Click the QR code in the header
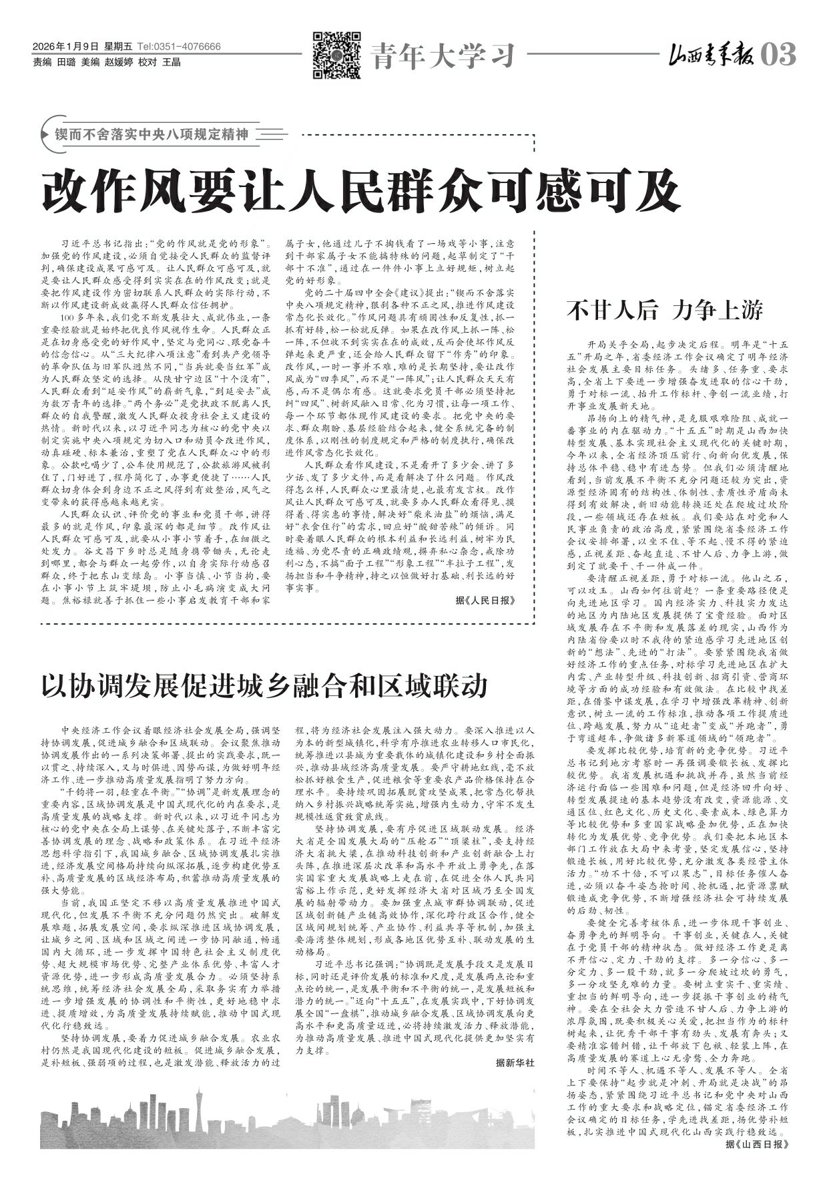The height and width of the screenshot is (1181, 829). (x=337, y=55)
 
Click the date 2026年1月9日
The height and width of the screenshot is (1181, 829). (x=65, y=47)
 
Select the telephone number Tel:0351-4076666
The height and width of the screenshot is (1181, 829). (x=179, y=47)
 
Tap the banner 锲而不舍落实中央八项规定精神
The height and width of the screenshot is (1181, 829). (x=151, y=134)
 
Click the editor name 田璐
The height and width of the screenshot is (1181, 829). (x=65, y=62)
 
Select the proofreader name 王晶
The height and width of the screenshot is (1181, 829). (x=172, y=62)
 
